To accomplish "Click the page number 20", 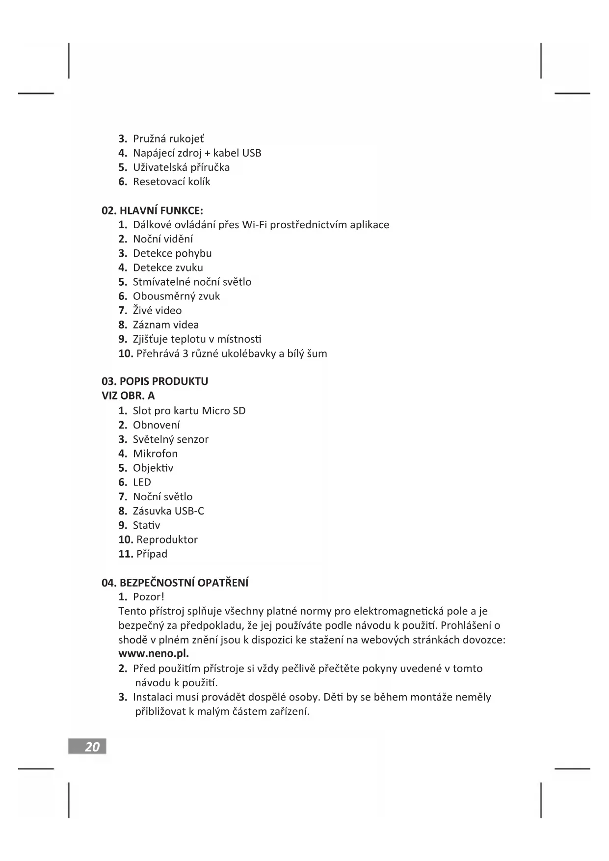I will tap(92, 747).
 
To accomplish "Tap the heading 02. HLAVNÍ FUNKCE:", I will tap(152, 211).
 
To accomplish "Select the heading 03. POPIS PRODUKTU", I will tap(155, 381).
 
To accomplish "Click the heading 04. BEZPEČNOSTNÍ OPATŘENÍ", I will tap(175, 583).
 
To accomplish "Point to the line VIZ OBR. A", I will tap(128, 396).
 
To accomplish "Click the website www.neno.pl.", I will tap(154, 654).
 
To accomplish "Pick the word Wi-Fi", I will tap(255, 225).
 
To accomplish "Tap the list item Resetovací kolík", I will tap(171, 182).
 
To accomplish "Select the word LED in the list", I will tap(142, 483).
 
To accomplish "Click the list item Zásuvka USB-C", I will tap(168, 511).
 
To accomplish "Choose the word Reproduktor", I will tap(167, 539).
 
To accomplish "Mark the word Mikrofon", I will tap(155, 454).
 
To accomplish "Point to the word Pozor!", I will tap(148, 597).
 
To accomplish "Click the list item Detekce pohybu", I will tap(172, 253).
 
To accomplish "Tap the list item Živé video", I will tap(157, 310).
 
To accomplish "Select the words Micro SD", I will tap(224, 411).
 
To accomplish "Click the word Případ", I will tap(152, 554).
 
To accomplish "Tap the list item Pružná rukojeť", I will tap(168, 139).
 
